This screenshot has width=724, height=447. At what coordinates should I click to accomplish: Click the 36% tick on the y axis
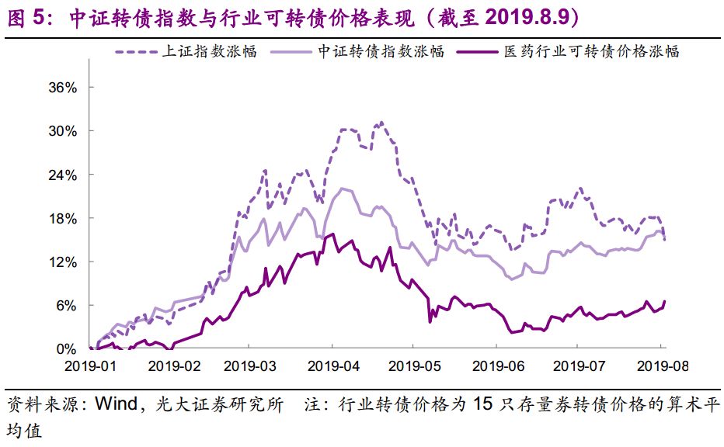tap(63, 88)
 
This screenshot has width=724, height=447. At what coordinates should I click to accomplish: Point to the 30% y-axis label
tap(63, 131)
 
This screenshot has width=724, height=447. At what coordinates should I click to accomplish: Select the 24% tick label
tap(63, 175)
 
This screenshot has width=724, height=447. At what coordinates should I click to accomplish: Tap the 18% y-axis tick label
tap(63, 219)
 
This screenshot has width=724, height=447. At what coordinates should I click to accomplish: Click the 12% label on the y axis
tap(63, 262)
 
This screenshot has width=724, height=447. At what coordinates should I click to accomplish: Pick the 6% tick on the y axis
tap(66, 306)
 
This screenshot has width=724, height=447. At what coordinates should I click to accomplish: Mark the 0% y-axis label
tap(66, 349)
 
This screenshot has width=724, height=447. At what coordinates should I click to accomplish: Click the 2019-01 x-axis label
tap(90, 364)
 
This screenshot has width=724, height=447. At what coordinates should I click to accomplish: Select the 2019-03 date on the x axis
tap(253, 364)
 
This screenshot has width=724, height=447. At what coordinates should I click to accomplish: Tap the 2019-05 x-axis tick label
tap(415, 364)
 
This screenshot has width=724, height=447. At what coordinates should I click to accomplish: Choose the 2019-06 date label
tap(496, 364)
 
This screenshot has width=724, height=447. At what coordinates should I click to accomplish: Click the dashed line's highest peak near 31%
tap(381, 123)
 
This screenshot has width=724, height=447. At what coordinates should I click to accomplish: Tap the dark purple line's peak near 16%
tap(332, 234)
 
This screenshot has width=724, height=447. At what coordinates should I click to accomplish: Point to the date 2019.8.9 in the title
tap(528, 17)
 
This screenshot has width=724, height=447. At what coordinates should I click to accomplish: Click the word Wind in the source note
tap(117, 404)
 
